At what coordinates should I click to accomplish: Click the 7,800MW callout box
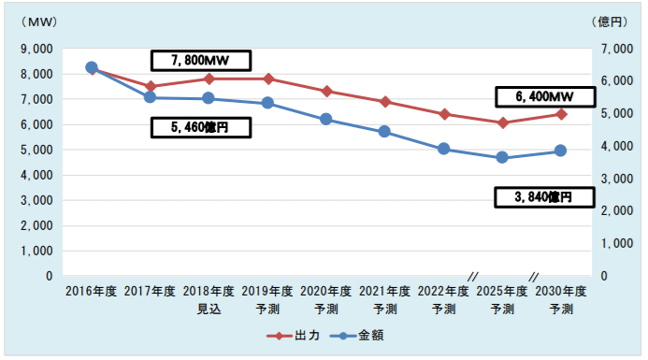(x=201, y=60)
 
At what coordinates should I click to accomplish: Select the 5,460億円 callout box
(x=201, y=128)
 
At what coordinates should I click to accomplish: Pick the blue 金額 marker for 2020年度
(x=325, y=119)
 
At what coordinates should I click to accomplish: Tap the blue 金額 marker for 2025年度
(x=502, y=158)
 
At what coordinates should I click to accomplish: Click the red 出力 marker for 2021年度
(x=384, y=102)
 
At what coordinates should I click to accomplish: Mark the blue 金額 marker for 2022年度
(x=443, y=149)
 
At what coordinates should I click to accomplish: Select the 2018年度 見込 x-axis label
(x=209, y=299)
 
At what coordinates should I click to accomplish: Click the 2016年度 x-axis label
(x=91, y=291)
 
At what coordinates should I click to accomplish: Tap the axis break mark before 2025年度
(x=473, y=276)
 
